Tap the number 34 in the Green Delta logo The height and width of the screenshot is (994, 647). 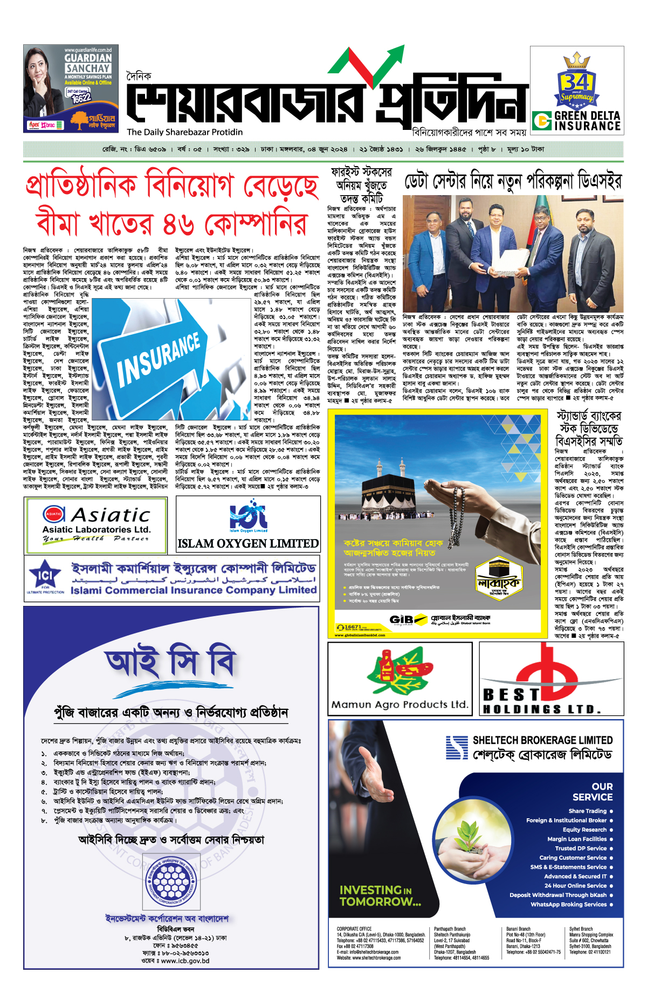tap(576, 82)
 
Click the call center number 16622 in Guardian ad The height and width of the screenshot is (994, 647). tap(81, 98)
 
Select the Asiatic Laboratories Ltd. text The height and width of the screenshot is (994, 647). tap(97, 529)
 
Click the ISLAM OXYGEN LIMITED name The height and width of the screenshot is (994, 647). tap(248, 543)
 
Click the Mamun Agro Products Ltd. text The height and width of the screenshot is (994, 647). tap(400, 704)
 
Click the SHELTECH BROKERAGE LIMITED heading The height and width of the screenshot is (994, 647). tap(542, 740)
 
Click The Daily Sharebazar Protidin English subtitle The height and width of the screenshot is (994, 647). tap(184, 132)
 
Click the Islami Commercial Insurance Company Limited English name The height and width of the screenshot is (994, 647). tap(194, 590)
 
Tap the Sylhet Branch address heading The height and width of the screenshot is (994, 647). tap(581, 929)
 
